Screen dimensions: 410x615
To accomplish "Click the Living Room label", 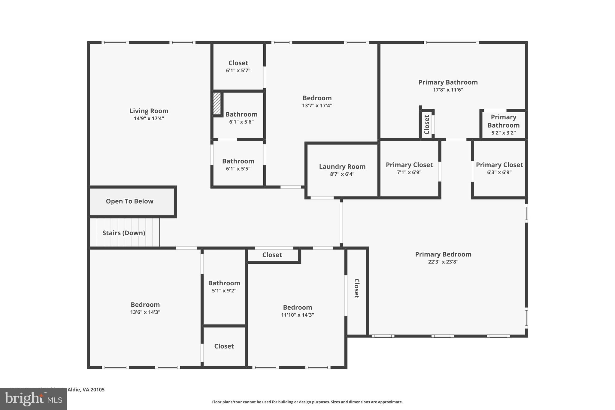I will click(x=149, y=111).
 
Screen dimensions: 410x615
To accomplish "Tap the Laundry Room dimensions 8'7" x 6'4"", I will click(x=342, y=174).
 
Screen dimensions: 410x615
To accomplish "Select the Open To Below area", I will click(x=129, y=201).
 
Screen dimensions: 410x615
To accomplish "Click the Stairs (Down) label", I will click(x=124, y=233).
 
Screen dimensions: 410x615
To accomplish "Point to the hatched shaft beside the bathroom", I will click(x=217, y=103).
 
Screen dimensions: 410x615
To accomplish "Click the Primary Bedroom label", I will click(x=443, y=254).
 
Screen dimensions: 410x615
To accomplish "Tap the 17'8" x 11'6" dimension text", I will click(x=448, y=90).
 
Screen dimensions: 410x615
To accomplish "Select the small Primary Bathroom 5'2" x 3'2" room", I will click(x=503, y=125).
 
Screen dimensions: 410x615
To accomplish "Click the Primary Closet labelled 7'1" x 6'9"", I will click(x=409, y=168).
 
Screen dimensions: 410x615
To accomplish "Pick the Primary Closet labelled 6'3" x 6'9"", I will click(x=499, y=168).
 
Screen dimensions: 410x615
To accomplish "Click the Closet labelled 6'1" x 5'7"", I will click(x=238, y=66).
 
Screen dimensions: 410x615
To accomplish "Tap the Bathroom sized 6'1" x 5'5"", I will click(x=238, y=165).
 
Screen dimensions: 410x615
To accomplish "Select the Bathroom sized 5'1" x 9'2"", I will click(x=224, y=287).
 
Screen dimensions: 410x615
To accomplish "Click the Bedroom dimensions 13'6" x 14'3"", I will click(x=145, y=312).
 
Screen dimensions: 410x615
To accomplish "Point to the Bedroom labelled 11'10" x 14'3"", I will click(x=297, y=311).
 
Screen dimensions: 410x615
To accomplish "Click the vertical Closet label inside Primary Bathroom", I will click(x=427, y=125).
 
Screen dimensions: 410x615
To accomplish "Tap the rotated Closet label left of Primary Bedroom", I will click(x=356, y=288).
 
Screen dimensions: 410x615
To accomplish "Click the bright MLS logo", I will click(x=33, y=399).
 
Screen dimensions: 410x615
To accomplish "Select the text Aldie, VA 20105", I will click(x=86, y=390).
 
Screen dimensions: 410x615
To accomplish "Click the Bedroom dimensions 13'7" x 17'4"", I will click(x=317, y=105).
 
